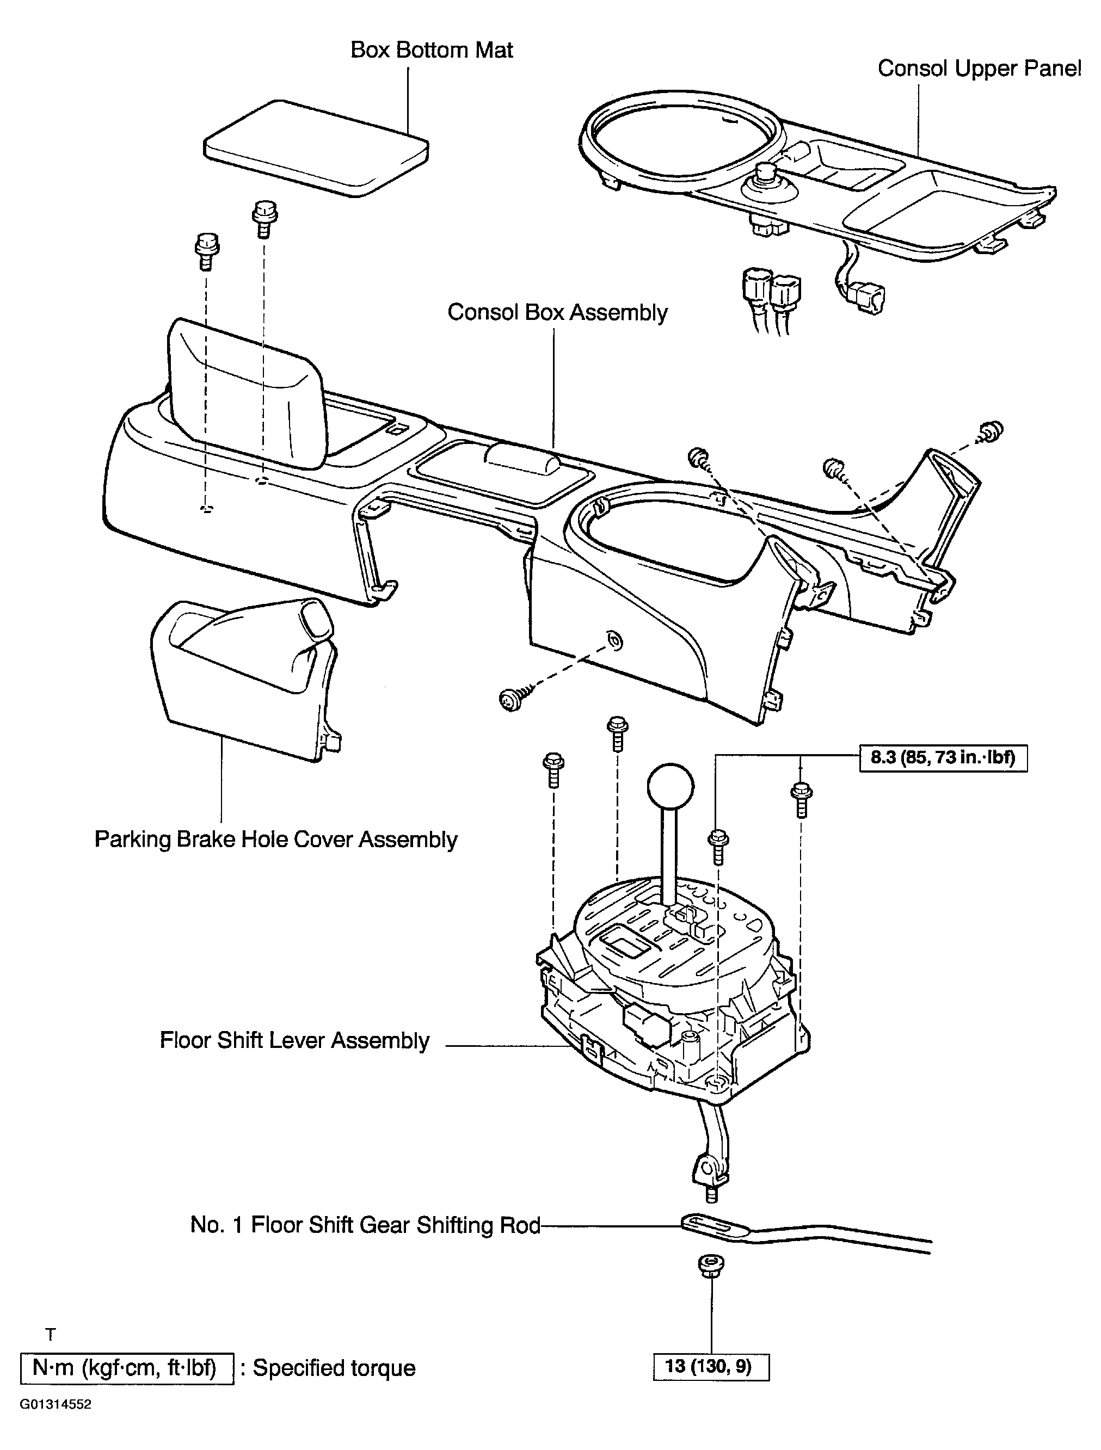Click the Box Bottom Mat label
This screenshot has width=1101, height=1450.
432,51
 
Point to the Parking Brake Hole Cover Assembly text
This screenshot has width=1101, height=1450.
275,840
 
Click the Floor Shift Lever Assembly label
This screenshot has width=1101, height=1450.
294,1040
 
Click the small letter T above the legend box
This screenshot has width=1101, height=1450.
51,1335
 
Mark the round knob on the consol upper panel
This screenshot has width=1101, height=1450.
765,176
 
